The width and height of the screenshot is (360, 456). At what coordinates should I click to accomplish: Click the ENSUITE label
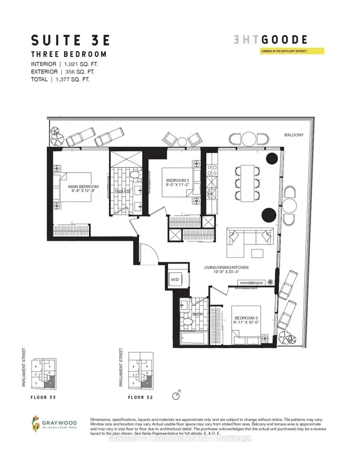[x=123, y=191]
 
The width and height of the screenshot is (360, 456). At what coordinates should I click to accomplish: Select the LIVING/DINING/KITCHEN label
[x=227, y=267]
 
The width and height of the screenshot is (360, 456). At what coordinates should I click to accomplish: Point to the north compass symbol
[x=177, y=395]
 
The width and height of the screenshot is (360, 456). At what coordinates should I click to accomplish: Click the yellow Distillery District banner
[x=292, y=51]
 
